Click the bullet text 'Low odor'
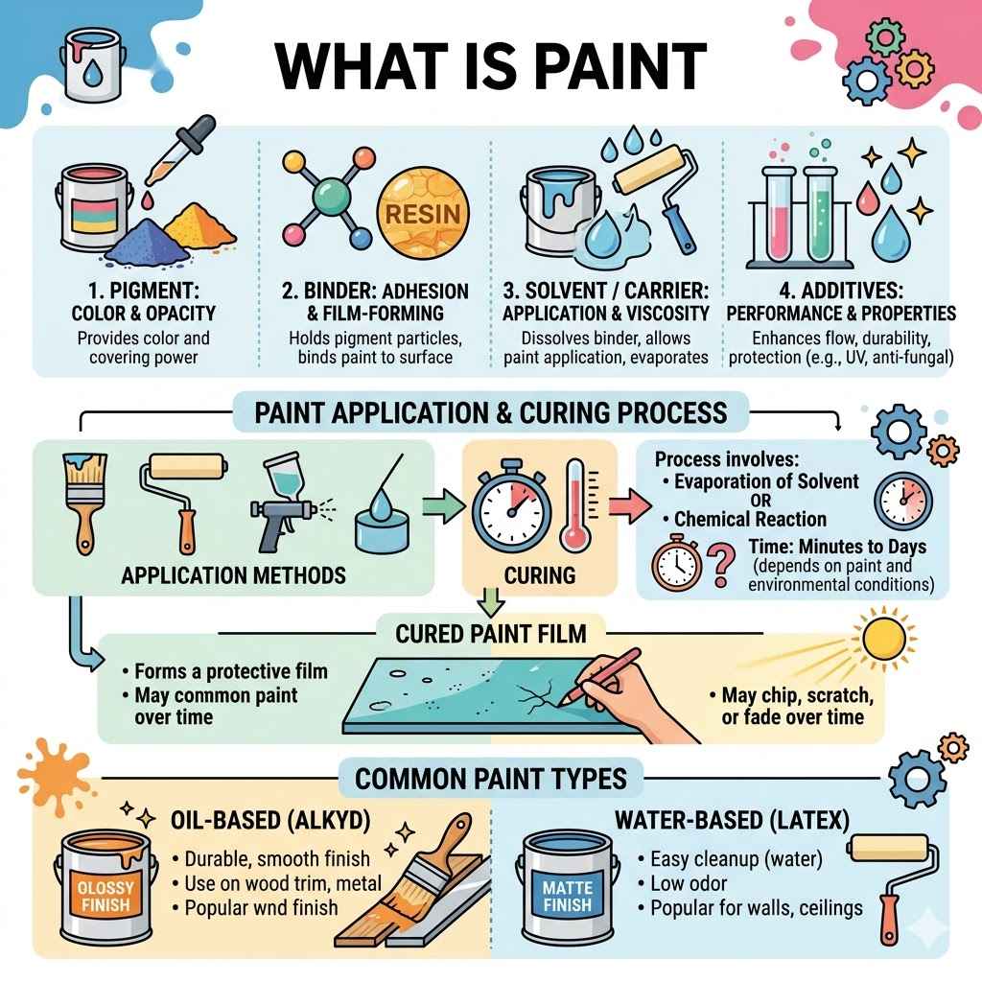pyautogui.click(x=689, y=883)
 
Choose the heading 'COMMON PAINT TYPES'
pyautogui.click(x=491, y=778)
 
